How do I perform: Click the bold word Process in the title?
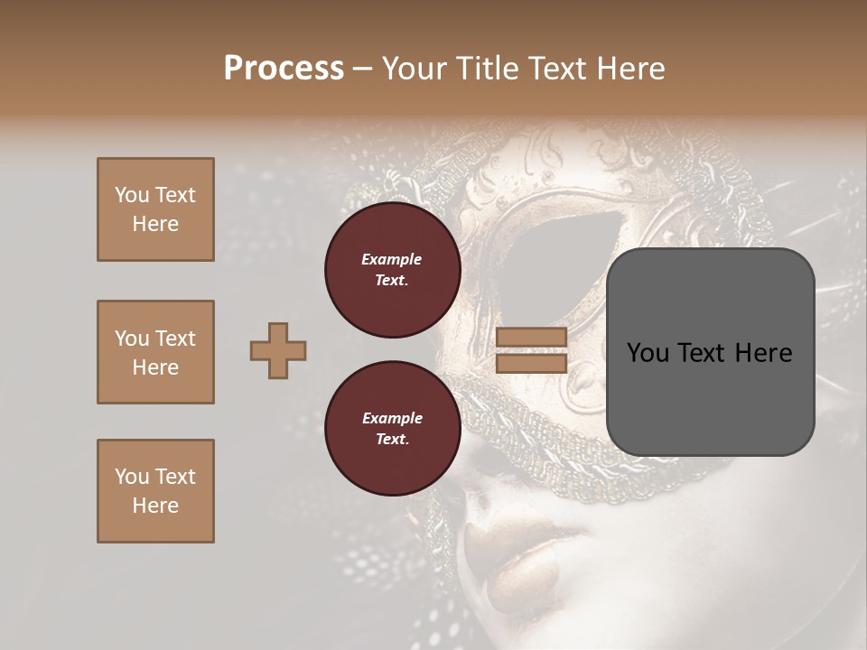284,68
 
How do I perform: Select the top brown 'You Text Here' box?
155,209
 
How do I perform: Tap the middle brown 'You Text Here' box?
155,352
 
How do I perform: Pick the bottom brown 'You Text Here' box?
155,491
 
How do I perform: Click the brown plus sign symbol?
278,350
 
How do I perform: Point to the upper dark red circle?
392,270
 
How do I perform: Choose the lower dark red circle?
392,429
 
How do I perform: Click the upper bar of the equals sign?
531,338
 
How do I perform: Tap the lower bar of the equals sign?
531,363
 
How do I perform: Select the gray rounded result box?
710,352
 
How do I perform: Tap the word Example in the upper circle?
392,259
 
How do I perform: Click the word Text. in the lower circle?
392,440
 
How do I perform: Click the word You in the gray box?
648,353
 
